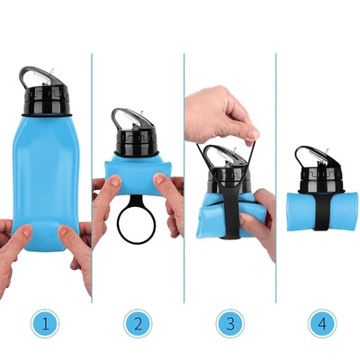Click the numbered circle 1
[45, 323]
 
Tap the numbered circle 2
[138, 323]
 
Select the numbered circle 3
[230, 323]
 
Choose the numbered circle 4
[322, 323]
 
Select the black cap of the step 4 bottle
[321, 177]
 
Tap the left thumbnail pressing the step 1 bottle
[27, 231]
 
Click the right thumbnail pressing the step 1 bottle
[64, 232]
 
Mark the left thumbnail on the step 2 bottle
[115, 181]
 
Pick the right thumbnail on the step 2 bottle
[159, 179]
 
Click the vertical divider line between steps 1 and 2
[92, 178]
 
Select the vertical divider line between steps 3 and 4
[276, 178]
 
